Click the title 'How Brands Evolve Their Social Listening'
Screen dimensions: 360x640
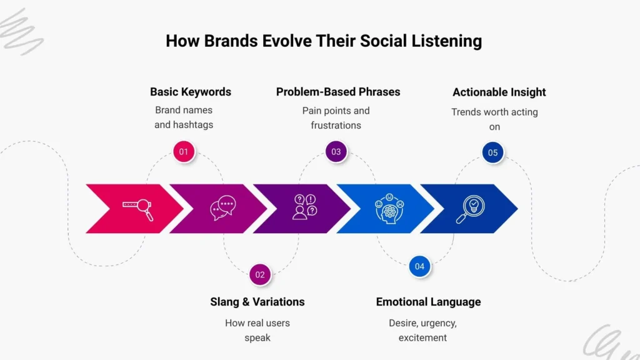[x=324, y=41]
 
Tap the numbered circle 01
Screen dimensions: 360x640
[x=183, y=152]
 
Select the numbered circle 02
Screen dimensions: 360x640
[x=260, y=274]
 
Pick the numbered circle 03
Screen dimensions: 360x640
[x=336, y=152]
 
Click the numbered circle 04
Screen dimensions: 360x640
[x=419, y=266]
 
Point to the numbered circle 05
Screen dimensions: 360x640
[x=492, y=152]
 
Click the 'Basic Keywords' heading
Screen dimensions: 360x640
[x=191, y=92]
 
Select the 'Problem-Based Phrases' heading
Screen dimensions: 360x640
[x=338, y=92]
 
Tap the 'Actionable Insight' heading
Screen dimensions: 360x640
[x=499, y=92]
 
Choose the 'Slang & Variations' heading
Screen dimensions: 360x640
[x=257, y=302]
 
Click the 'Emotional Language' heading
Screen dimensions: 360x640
[x=428, y=302]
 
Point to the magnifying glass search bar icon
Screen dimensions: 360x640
[x=138, y=208]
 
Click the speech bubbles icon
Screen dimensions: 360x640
[x=222, y=207]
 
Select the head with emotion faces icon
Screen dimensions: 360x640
[x=389, y=208]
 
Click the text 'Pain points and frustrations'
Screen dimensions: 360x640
[x=336, y=118]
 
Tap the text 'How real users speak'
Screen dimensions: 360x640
[x=257, y=330]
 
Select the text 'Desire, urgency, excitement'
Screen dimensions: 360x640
[x=422, y=330]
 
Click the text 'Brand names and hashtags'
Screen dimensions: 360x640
[x=184, y=117]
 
